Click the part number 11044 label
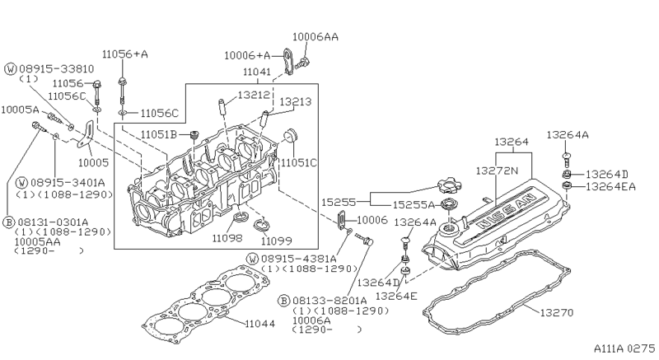(x=259, y=324)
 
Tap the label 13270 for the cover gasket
(x=557, y=312)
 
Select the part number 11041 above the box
(x=257, y=72)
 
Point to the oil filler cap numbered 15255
(x=449, y=185)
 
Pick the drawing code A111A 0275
(x=624, y=348)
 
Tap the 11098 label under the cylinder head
(x=227, y=238)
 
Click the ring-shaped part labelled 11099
(x=262, y=225)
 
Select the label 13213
(x=296, y=101)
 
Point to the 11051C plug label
(x=298, y=162)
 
